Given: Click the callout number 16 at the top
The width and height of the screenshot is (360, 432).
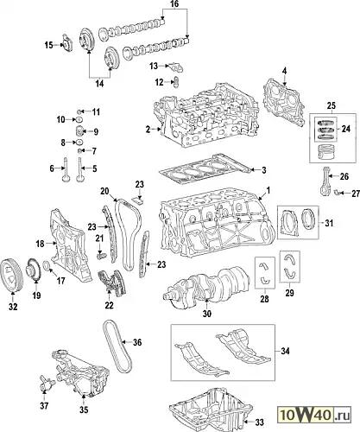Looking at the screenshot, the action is click(x=174, y=4).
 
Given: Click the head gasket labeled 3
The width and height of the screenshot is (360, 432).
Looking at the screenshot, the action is click(x=205, y=169).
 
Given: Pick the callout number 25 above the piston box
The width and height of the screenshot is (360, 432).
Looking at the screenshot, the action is click(x=332, y=105).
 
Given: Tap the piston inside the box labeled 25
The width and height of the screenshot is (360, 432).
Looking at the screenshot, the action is click(x=325, y=151).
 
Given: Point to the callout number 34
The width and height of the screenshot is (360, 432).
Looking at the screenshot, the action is click(x=285, y=351).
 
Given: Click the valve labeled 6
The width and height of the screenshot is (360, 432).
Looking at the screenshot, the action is click(x=66, y=169).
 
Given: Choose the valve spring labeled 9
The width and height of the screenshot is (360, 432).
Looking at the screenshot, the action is click(x=79, y=131).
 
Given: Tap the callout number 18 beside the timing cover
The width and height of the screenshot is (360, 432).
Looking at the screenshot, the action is click(x=41, y=244).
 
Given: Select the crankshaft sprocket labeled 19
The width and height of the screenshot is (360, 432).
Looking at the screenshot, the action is click(x=33, y=270).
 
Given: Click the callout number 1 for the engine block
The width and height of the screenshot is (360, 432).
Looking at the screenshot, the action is click(x=268, y=190).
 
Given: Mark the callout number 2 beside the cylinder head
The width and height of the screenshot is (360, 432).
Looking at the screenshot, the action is click(x=148, y=130).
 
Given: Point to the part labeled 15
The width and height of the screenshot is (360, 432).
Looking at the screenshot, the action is click(x=67, y=43).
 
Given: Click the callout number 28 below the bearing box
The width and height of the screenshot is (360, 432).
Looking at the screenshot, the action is click(x=264, y=299).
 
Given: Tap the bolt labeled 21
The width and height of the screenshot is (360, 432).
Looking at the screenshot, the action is click(x=101, y=255).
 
